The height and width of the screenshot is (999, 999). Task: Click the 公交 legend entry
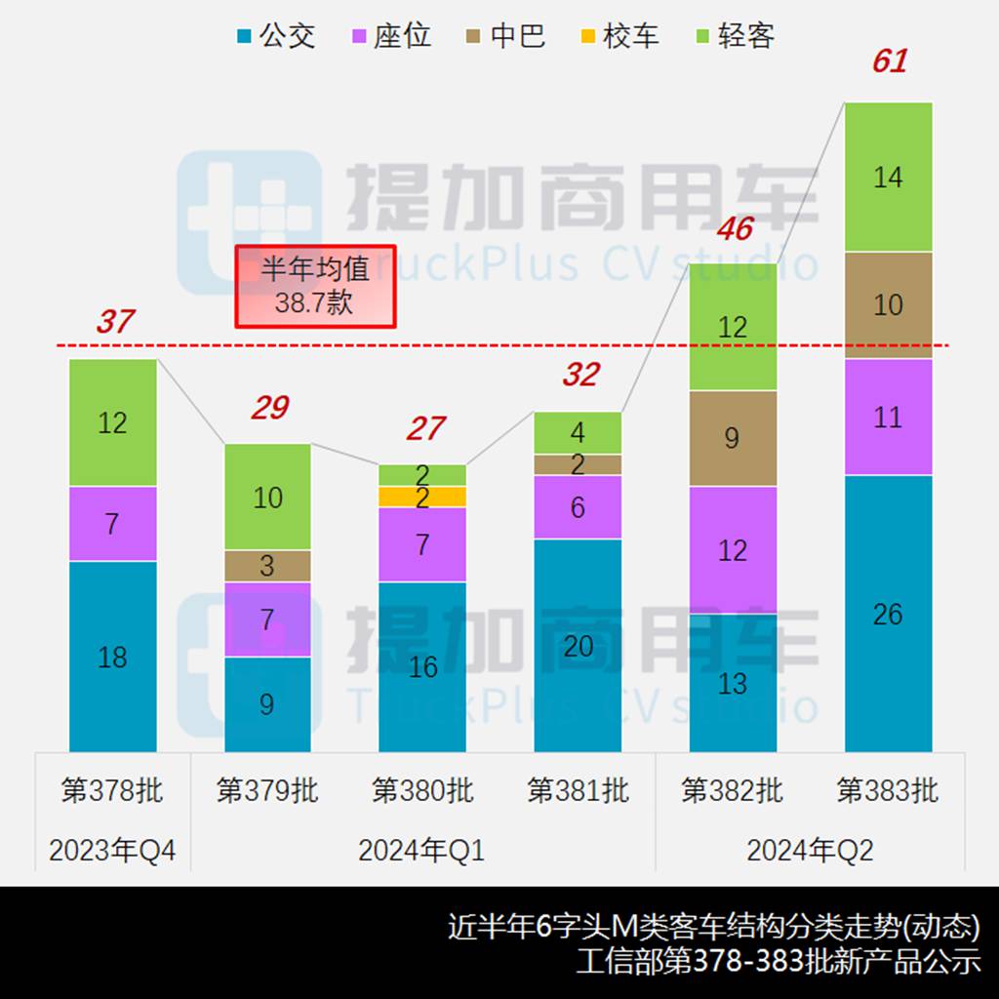click(276, 37)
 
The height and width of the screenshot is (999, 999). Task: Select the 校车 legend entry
click(619, 37)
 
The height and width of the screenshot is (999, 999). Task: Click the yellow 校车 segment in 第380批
click(422, 497)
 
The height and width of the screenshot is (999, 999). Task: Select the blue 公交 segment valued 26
click(888, 614)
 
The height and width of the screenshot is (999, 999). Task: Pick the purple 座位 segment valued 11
click(888, 418)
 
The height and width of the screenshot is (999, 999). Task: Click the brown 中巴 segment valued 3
click(267, 566)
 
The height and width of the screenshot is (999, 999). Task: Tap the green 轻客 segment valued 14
click(888, 178)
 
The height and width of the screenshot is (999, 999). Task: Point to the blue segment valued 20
click(578, 645)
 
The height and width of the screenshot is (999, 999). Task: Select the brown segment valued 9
click(733, 438)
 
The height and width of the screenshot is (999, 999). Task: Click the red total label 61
click(889, 61)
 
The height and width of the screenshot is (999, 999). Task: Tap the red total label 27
click(424, 427)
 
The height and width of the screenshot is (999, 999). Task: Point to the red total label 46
click(734, 228)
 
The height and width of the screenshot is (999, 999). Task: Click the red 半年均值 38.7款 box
click(315, 287)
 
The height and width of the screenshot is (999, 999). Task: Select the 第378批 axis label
click(112, 789)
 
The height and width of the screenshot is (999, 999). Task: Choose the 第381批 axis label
click(578, 789)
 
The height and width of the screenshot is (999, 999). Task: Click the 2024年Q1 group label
click(421, 851)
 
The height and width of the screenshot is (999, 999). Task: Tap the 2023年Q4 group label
click(112, 851)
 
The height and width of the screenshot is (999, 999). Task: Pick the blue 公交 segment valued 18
click(113, 657)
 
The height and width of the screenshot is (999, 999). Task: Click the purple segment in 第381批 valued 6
click(578, 507)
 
